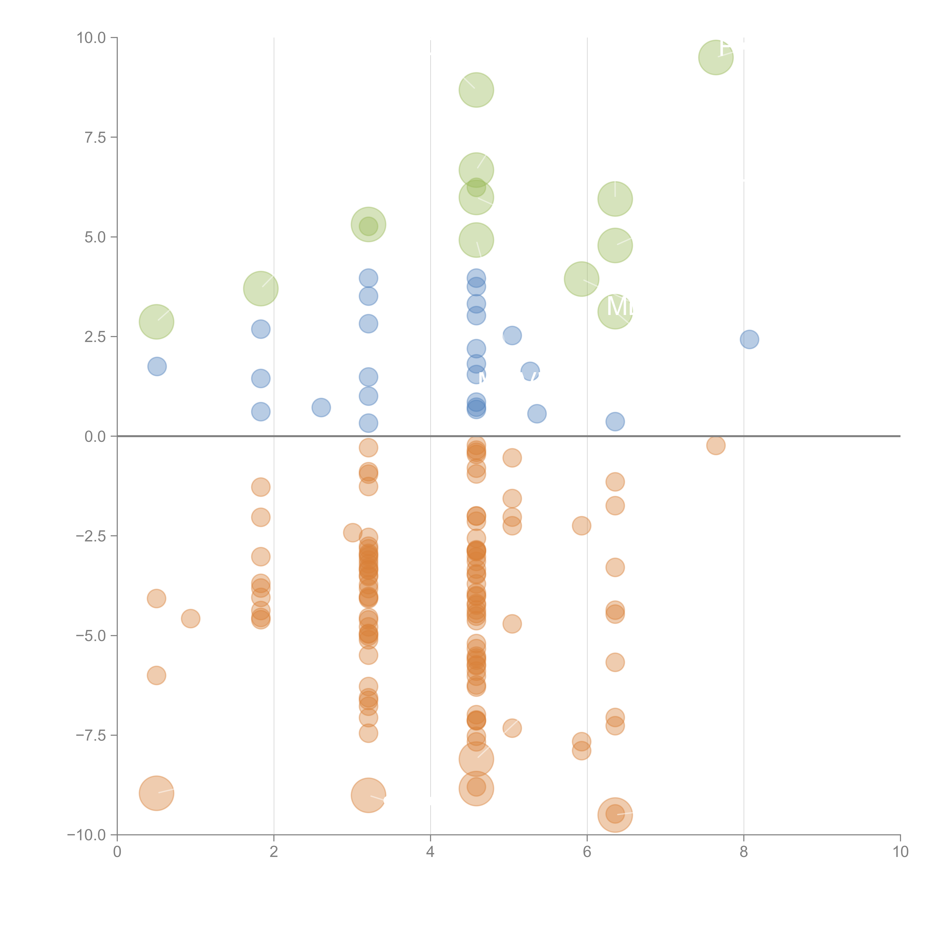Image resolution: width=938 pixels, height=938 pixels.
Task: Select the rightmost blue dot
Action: click(x=749, y=339)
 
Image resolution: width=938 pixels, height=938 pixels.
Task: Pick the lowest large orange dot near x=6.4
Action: click(x=615, y=815)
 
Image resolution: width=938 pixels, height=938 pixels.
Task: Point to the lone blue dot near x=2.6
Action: click(x=321, y=407)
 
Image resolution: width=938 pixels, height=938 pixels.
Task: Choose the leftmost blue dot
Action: click(x=157, y=367)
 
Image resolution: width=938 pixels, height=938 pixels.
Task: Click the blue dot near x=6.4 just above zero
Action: click(x=615, y=421)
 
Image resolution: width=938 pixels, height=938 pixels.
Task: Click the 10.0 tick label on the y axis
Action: click(x=91, y=38)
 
